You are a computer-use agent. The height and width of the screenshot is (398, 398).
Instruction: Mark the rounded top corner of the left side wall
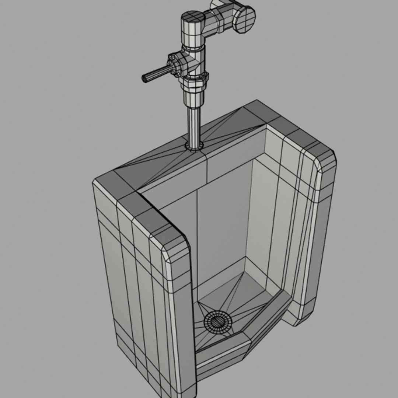coord(173,240)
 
